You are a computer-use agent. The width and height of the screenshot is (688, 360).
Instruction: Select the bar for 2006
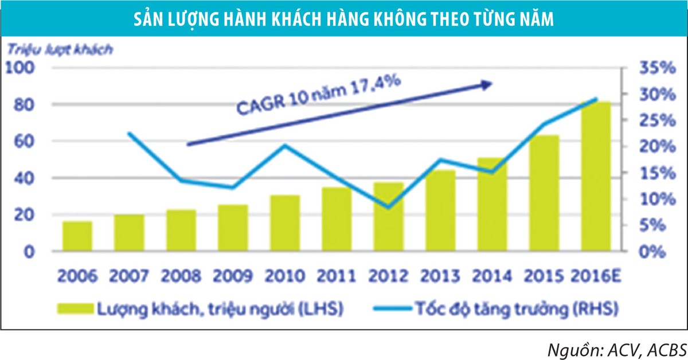[x=77, y=236]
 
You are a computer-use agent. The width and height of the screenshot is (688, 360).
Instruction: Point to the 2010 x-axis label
[x=284, y=276]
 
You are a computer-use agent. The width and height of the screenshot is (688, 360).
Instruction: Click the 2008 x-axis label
[x=181, y=276]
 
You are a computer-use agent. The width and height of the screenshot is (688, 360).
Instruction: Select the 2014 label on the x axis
[x=492, y=276]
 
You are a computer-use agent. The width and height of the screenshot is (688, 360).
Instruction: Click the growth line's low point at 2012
[x=389, y=207]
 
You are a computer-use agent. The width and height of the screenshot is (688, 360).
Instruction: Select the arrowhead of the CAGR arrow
[x=486, y=85]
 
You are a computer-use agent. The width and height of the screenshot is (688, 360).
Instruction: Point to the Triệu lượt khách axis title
[x=60, y=49]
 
